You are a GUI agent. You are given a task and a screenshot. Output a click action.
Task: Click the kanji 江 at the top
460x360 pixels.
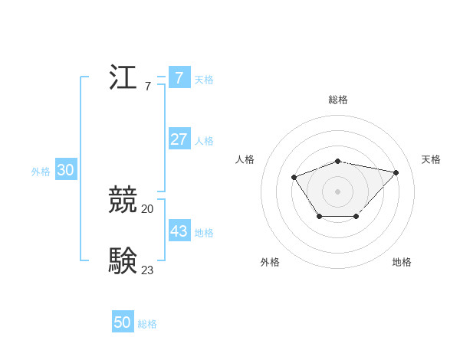point(123,77)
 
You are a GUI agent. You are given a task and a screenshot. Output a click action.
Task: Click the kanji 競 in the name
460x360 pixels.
point(123,200)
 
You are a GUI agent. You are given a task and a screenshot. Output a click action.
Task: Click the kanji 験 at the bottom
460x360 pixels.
point(123,260)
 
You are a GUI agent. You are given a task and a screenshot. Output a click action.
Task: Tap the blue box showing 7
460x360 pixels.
point(179,77)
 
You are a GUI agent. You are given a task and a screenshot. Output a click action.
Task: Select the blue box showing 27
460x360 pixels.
point(179,139)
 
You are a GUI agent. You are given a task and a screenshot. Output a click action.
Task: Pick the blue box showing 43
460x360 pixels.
point(179,231)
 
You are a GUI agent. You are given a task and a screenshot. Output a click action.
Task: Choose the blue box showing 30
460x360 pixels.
point(65,170)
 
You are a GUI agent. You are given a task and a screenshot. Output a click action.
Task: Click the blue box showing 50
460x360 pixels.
point(123,322)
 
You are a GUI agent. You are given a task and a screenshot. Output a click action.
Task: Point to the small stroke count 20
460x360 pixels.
point(147,208)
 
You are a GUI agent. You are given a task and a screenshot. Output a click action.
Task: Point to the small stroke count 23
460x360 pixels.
point(147,269)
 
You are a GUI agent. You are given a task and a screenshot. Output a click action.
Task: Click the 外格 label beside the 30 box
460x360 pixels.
point(41,172)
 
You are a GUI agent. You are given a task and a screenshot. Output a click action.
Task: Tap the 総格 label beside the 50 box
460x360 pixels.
point(147,324)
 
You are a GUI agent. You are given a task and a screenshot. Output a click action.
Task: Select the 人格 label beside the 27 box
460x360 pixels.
point(204,141)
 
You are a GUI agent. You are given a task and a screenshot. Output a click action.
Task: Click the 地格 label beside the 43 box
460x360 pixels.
point(204,232)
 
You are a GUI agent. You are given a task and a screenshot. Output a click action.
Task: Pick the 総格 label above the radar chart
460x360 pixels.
point(337,100)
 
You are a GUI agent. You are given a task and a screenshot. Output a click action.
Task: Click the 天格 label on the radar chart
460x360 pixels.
point(431,159)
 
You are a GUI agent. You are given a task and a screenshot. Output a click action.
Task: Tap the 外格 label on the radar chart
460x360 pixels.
point(270,262)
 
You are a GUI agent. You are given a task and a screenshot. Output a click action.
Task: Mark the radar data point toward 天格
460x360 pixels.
point(396,172)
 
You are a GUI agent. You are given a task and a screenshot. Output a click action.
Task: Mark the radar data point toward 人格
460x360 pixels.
point(294,178)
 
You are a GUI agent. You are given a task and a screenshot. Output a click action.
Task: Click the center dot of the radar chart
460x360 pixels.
point(337,191)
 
